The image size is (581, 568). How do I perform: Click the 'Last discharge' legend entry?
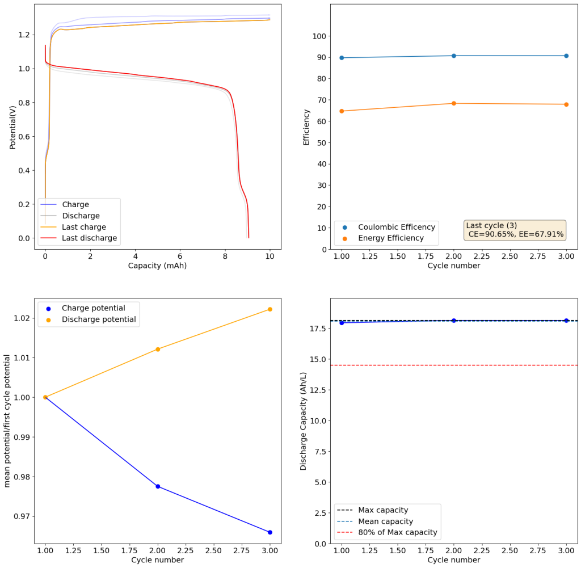pyautogui.click(x=89, y=238)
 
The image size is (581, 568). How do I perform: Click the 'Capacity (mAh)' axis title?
pyautogui.click(x=157, y=266)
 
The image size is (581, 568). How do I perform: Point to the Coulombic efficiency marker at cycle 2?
pyautogui.click(x=454, y=56)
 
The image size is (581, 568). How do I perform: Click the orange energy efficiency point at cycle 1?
pyautogui.click(x=342, y=111)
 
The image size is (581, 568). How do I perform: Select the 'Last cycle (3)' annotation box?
pyautogui.click(x=515, y=230)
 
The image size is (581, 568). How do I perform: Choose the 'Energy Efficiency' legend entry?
pyautogui.click(x=390, y=238)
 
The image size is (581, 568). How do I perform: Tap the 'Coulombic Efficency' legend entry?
pyautogui.click(x=396, y=227)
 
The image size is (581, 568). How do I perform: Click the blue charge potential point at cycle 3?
pyautogui.click(x=270, y=532)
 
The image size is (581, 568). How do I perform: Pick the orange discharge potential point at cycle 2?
pyautogui.click(x=158, y=349)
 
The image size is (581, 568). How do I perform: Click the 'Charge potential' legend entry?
pyautogui.click(x=93, y=308)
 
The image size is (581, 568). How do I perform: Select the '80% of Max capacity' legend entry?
pyautogui.click(x=397, y=532)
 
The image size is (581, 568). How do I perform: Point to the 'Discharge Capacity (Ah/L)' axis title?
pyautogui.click(x=304, y=420)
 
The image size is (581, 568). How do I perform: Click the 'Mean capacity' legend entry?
pyautogui.click(x=385, y=521)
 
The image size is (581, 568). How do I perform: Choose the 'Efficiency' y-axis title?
pyautogui.click(x=306, y=127)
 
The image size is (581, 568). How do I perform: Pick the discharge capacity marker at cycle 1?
pyautogui.click(x=342, y=323)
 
